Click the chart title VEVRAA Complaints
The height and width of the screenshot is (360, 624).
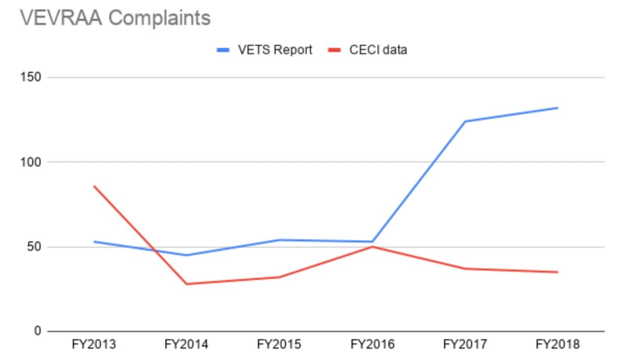coord(115,18)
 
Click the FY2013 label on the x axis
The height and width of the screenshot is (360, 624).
coord(94,345)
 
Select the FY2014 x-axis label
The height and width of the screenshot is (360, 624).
coord(186,345)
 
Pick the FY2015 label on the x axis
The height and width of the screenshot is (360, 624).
coord(279,345)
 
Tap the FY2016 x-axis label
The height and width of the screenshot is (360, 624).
coord(372,345)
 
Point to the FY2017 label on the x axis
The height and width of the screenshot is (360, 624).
coord(465,345)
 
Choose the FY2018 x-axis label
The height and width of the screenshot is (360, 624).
coord(557,345)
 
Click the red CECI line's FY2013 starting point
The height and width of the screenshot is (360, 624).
coord(94,186)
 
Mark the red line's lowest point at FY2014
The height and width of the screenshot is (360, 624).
coord(186,284)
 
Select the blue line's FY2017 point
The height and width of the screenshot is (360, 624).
coord(465,122)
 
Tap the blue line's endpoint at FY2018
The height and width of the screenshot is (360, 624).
coord(557,108)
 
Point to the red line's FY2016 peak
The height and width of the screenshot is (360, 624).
coord(372,247)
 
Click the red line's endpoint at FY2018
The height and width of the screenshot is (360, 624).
coord(557,272)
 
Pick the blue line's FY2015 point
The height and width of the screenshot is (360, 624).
coord(279,240)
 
